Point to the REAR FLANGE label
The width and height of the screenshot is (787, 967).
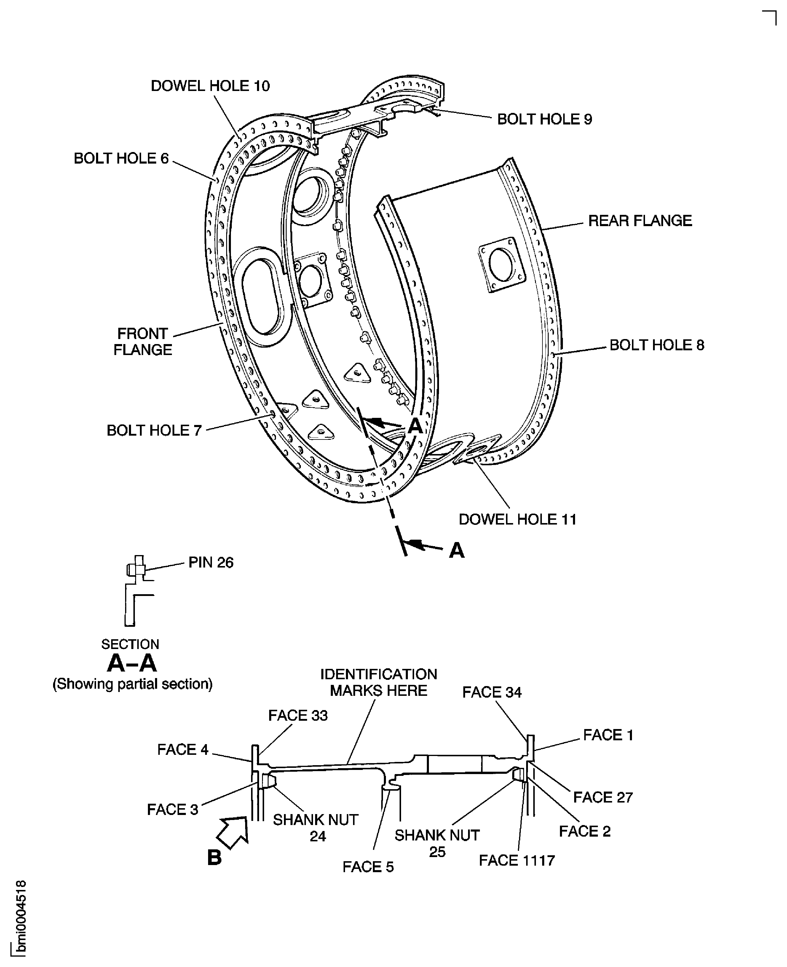(640, 221)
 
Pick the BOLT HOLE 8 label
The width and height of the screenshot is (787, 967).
(657, 345)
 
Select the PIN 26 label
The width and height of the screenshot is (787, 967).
(211, 562)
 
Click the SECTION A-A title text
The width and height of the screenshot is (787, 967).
(132, 657)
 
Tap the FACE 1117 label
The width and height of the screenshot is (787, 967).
(517, 860)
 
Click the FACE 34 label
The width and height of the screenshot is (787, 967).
(492, 705)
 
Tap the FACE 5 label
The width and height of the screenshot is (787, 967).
(368, 867)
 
